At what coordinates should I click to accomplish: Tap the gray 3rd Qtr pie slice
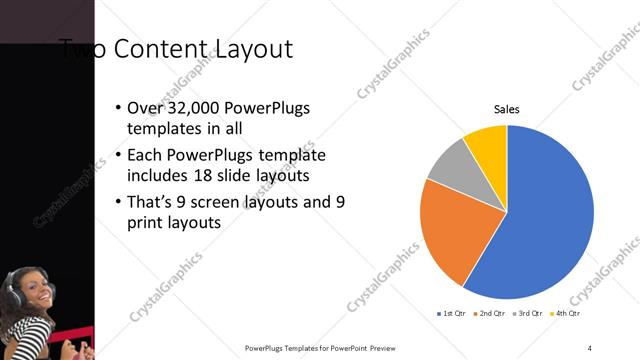click(453, 164)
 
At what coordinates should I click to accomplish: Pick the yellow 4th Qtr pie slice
click(487, 141)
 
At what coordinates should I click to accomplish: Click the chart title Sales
click(507, 110)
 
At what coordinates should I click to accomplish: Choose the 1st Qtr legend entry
click(452, 314)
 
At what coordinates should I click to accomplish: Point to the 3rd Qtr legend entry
click(529, 314)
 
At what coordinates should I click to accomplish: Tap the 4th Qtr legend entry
click(567, 314)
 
